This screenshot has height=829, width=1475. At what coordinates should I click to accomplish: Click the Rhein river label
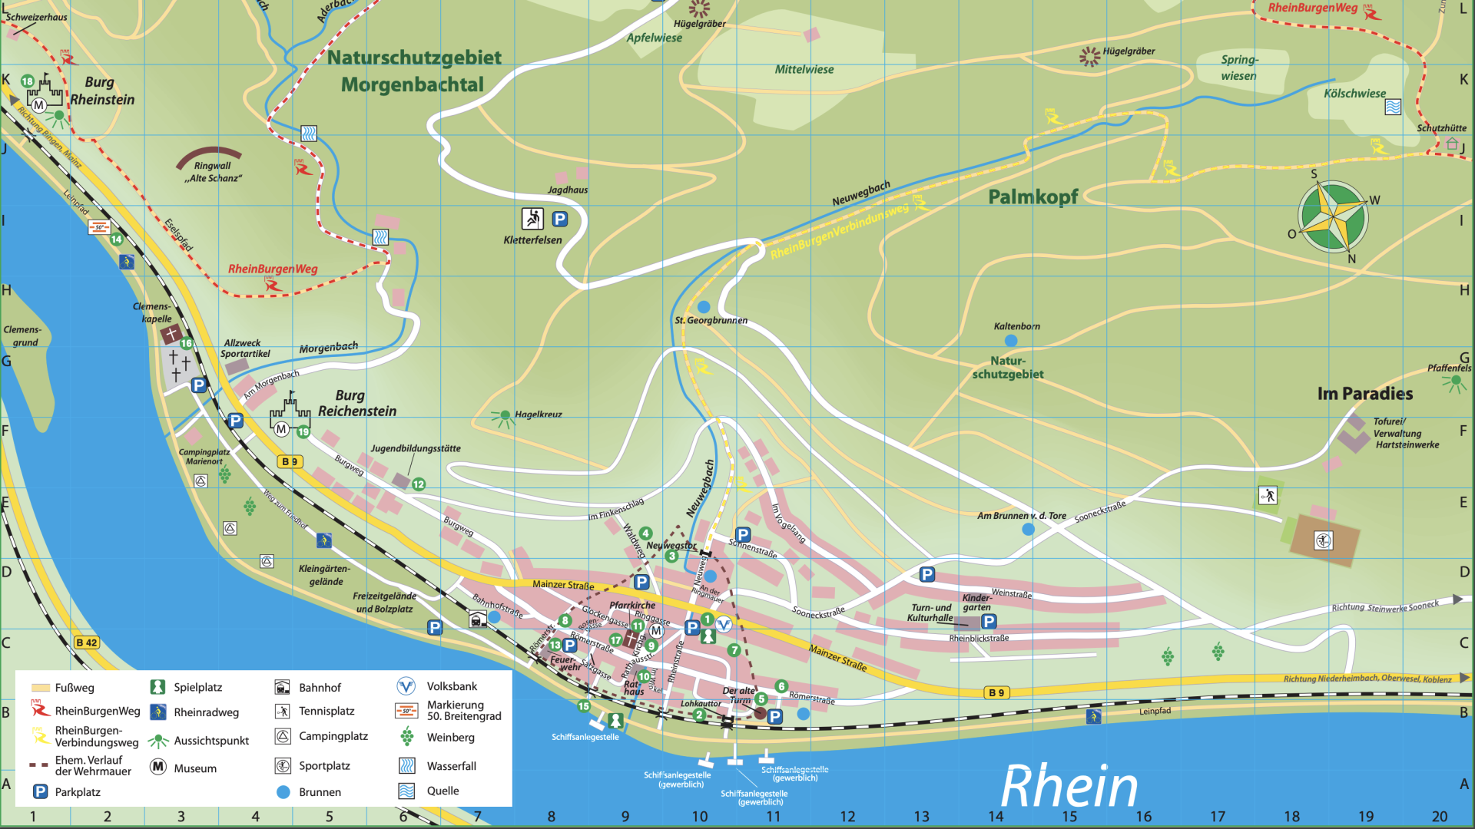(1069, 787)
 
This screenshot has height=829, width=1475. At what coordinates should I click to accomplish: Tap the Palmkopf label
(1032, 197)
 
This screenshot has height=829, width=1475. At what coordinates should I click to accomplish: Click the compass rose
(1333, 217)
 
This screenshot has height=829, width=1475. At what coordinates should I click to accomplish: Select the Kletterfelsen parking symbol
(560, 220)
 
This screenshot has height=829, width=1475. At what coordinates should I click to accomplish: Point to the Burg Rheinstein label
(101, 91)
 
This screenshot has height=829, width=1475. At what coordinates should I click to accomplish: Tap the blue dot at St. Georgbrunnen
(704, 307)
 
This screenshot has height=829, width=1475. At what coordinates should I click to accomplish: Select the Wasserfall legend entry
(451, 766)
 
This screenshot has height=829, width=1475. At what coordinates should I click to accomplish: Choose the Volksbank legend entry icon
(406, 686)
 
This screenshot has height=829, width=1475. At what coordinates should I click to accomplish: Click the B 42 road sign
(87, 643)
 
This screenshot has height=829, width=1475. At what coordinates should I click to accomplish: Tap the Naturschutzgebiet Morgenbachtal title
(413, 71)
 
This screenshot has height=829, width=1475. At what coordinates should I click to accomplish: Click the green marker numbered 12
(419, 484)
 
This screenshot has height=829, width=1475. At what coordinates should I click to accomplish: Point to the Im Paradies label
(1364, 394)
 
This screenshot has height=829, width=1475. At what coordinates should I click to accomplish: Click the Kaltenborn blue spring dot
(1011, 341)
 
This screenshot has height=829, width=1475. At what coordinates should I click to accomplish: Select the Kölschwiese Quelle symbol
(1393, 107)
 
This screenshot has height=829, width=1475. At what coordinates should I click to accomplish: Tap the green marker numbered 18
(28, 81)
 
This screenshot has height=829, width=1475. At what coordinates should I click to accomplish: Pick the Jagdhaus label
(568, 190)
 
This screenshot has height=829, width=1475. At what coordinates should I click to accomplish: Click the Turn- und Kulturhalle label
(930, 613)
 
